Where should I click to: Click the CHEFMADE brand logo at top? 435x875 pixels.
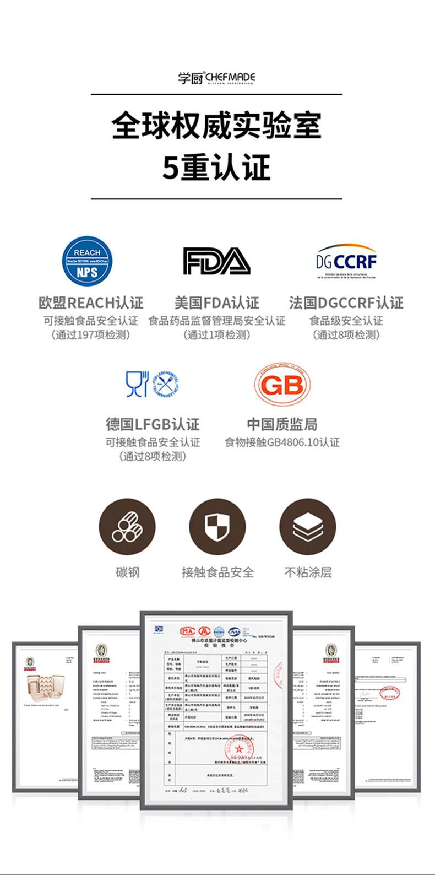[x=216, y=78]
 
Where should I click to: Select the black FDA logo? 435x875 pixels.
[x=216, y=261]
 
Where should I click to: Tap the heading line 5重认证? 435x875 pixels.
[x=216, y=168]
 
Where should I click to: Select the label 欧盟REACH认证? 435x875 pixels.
[x=91, y=303]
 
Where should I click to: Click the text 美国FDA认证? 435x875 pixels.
[x=216, y=303]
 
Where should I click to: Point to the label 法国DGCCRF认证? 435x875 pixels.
[x=346, y=303]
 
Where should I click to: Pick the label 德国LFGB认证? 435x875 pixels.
[x=153, y=424]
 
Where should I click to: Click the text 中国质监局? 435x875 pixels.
[x=281, y=424]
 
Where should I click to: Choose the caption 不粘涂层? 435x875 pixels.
[x=308, y=572]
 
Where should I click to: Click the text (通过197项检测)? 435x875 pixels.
[x=91, y=335]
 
